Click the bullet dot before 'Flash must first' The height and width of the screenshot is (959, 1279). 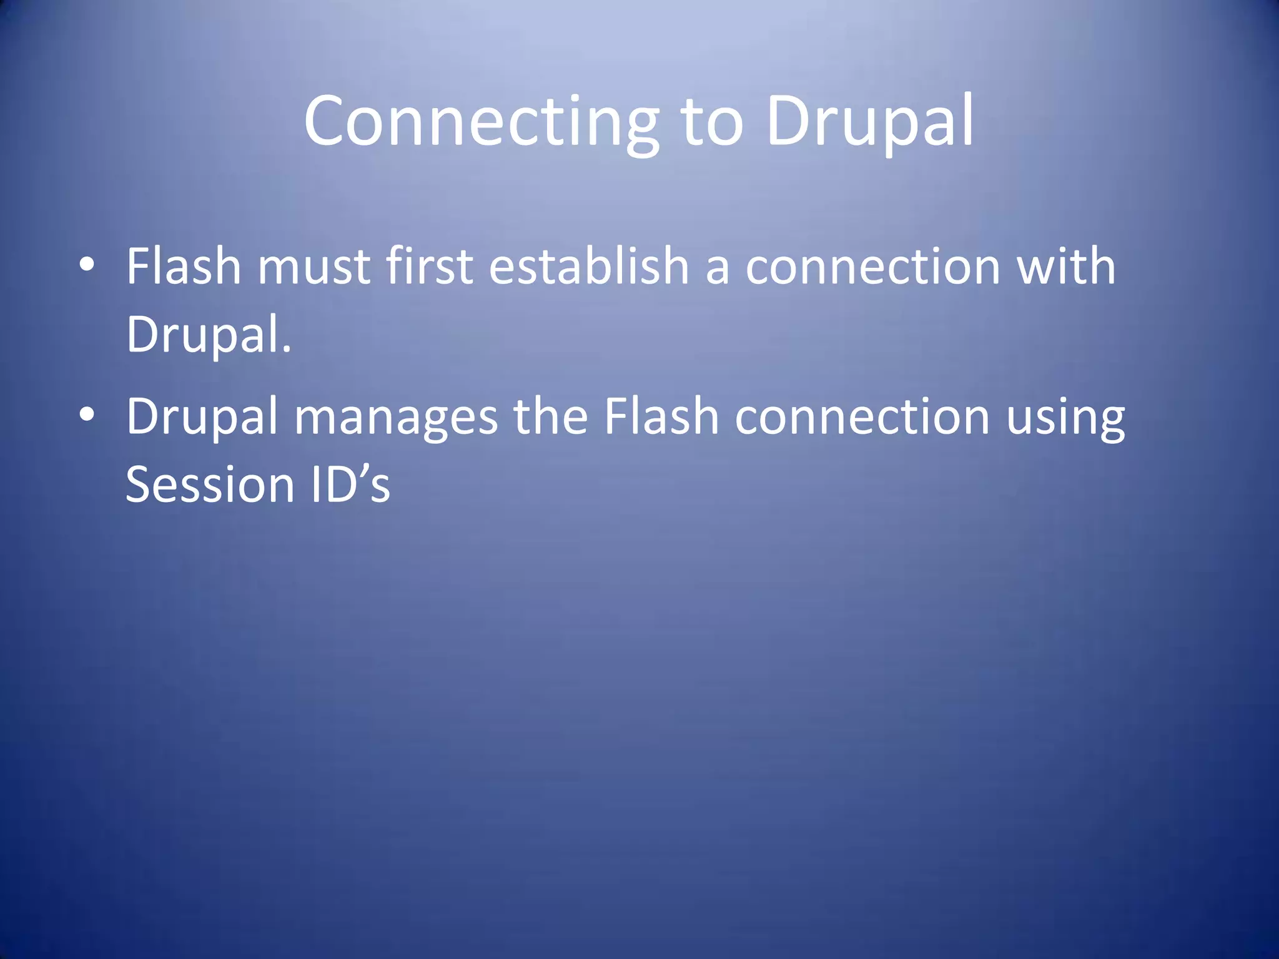pyautogui.click(x=87, y=265)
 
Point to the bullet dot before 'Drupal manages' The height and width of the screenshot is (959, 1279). pyautogui.click(x=87, y=415)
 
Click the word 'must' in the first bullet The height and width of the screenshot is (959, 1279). pyautogui.click(x=314, y=267)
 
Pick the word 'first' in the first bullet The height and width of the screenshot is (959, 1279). pyautogui.click(x=429, y=267)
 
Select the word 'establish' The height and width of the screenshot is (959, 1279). pyautogui.click(x=588, y=267)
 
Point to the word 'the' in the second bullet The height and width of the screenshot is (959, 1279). pyautogui.click(x=550, y=416)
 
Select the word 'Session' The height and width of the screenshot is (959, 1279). pyautogui.click(x=210, y=484)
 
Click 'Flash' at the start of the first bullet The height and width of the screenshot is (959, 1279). pyautogui.click(x=184, y=267)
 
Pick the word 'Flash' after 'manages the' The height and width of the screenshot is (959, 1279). pyautogui.click(x=661, y=416)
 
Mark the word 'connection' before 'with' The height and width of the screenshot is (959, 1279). pyautogui.click(x=873, y=267)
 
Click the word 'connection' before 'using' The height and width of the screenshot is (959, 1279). pyautogui.click(x=862, y=416)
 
